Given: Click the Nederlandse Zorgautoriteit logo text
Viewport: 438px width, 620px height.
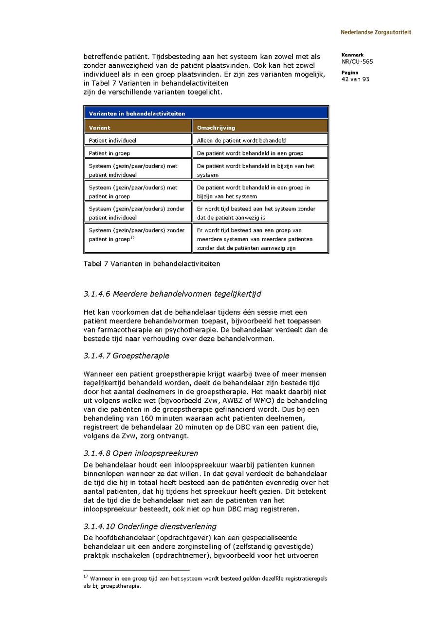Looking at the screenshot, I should (x=376, y=32).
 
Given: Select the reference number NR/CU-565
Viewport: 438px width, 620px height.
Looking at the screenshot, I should (x=357, y=62).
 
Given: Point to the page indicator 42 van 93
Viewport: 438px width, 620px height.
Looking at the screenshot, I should (x=355, y=79).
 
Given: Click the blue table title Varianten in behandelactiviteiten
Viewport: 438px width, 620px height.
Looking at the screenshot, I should (x=137, y=113).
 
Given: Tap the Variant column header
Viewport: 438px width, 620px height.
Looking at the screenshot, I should (x=99, y=128).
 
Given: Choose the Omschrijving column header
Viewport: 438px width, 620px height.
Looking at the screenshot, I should (x=216, y=128).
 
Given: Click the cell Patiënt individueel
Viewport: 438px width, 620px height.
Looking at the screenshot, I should (x=112, y=140).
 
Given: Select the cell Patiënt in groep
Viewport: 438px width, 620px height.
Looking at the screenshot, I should (x=109, y=153).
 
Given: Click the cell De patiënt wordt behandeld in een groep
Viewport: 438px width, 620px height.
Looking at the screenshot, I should (x=250, y=153).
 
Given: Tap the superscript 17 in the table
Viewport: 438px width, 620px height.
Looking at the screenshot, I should (x=132, y=238).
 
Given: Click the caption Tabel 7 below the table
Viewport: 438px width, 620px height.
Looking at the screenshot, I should (x=152, y=264).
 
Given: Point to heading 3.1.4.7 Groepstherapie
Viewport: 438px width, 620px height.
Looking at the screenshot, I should (x=126, y=356).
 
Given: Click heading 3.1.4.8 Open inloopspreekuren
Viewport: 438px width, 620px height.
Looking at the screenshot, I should (x=141, y=453).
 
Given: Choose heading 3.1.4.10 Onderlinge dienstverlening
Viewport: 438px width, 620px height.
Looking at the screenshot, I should (x=150, y=526).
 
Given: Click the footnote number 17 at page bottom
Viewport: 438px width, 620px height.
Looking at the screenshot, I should (x=86, y=577).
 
